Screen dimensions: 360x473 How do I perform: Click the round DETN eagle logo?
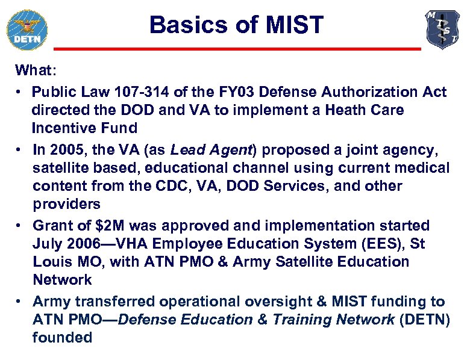pyautogui.click(x=27, y=29)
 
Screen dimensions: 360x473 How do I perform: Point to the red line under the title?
pyautogui.click(x=237, y=48)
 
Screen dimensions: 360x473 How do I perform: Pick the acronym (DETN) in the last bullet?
pyautogui.click(x=424, y=320)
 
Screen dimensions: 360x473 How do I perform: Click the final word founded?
pyautogui.click(x=62, y=338)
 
